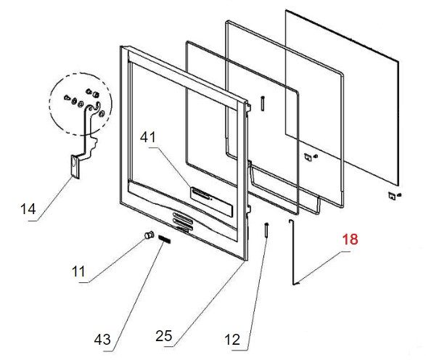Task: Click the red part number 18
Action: click(350, 240)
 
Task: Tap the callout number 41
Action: click(148, 137)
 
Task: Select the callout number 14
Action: click(28, 209)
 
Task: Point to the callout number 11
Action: click(78, 271)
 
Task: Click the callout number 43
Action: click(102, 340)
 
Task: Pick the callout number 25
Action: click(164, 336)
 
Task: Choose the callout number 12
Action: click(232, 340)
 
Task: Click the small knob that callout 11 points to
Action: click(149, 234)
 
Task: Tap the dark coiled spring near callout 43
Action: click(164, 239)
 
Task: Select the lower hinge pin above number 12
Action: click(266, 230)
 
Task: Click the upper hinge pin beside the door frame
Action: click(263, 103)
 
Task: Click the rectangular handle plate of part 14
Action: click(75, 166)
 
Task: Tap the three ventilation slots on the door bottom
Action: click(183, 221)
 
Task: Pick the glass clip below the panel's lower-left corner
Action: click(310, 157)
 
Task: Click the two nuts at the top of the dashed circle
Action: click(91, 92)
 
